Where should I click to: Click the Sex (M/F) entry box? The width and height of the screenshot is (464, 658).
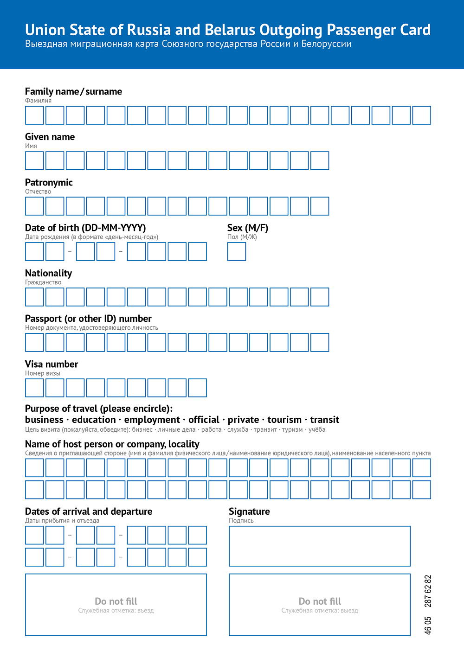coord(237,252)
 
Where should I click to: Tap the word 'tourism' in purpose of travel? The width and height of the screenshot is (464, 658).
coord(284,420)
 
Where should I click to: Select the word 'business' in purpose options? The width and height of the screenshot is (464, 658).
coord(44,420)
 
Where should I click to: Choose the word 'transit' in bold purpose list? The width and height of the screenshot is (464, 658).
coord(325,420)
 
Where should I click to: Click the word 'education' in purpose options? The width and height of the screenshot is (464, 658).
coord(94,420)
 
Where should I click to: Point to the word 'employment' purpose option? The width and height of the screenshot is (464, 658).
coord(152,420)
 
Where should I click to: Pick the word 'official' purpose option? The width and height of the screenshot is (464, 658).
coord(204,420)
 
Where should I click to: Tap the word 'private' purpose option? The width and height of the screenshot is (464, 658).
coord(243,420)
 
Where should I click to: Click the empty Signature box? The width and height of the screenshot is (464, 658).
coord(320,546)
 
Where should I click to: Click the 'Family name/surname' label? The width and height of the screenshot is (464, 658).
coord(73,91)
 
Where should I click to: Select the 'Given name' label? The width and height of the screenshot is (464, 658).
coord(50,137)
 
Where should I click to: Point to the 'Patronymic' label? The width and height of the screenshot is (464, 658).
coord(49,182)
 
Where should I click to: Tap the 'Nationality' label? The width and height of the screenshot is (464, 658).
coord(48,273)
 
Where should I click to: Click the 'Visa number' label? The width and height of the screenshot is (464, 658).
coord(52,364)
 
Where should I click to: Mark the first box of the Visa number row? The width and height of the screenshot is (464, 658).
coord(34,388)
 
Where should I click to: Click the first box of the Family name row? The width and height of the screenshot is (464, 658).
coord(34,115)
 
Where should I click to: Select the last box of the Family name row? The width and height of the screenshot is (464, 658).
coord(422,115)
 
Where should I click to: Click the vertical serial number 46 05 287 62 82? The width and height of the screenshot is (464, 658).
coord(428,605)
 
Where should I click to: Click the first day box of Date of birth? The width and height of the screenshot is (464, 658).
coord(34,252)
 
